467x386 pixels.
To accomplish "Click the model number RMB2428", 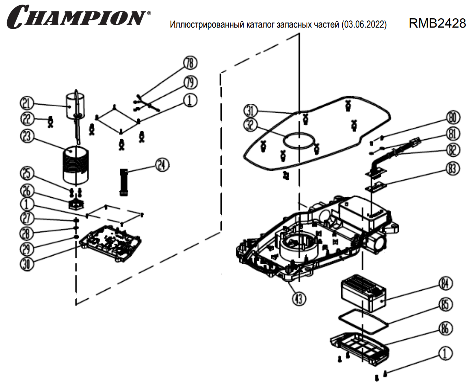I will [437, 24].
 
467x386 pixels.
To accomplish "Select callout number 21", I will [28, 104].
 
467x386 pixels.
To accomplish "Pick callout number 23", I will [28, 136].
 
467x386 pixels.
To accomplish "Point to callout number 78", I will [189, 63].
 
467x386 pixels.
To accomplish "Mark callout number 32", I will [251, 126].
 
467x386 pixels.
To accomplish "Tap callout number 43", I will [298, 299].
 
